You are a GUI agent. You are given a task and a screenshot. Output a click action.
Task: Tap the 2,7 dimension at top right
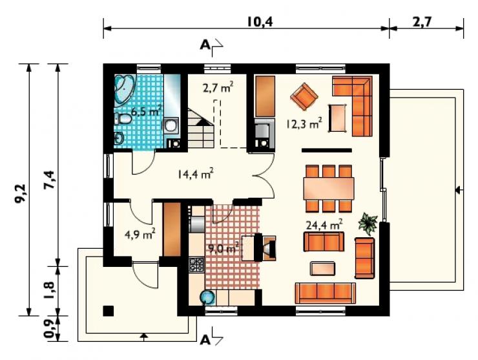[422, 22]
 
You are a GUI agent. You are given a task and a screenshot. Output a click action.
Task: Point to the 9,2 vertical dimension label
[21, 193]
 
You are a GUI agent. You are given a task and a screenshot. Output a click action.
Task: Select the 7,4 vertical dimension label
[49, 180]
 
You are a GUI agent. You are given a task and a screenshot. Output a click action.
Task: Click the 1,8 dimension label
[49, 290]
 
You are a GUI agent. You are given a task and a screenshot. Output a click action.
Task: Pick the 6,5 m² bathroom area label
[147, 111]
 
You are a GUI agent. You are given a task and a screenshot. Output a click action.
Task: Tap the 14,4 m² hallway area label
[196, 174]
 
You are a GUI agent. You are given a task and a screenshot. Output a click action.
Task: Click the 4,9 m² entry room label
[140, 234]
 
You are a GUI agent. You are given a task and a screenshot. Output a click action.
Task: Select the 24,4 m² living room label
[324, 225]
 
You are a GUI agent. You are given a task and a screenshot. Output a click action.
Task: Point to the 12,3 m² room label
[304, 123]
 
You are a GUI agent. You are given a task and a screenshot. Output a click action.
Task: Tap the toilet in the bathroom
[123, 119]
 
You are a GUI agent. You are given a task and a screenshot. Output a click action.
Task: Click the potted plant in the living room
[369, 224]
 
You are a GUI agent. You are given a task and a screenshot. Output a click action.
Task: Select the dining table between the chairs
[329, 188]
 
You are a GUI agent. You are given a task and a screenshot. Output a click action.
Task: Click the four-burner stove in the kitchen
[196, 264]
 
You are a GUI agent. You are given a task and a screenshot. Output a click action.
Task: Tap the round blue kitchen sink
[207, 297]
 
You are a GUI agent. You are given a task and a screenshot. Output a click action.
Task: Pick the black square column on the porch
[109, 311]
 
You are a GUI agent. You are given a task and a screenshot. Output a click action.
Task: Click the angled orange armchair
[304, 96]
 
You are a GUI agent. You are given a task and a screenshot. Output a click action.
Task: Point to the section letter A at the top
[205, 45]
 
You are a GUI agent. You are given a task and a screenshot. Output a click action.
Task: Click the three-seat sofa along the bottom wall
[326, 293]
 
